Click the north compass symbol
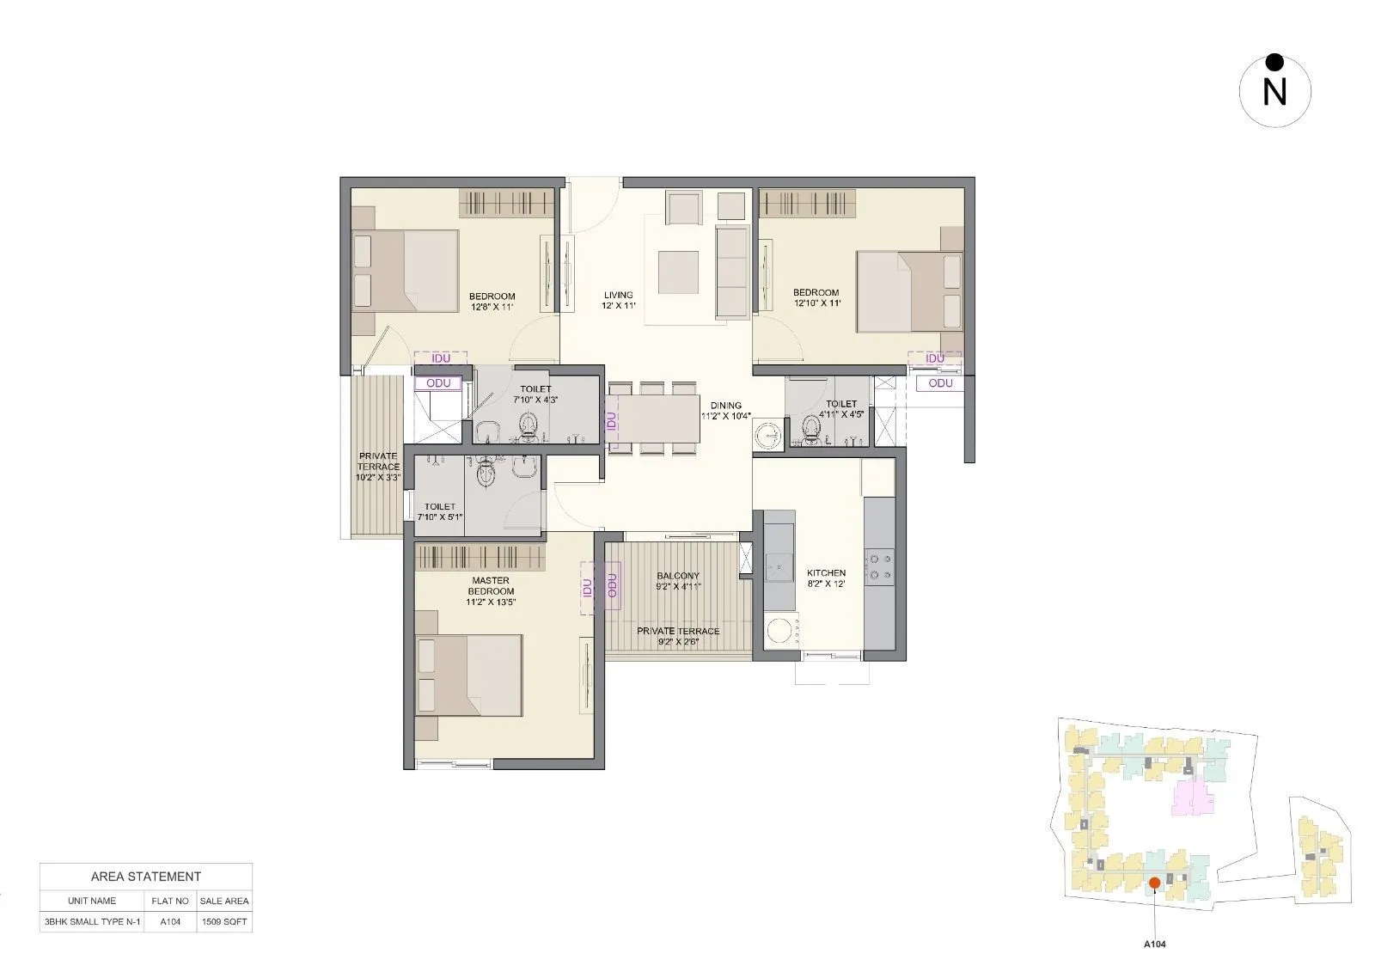[x=1274, y=90]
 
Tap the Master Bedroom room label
[x=491, y=591]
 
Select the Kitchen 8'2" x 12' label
[x=826, y=578]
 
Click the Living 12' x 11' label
[x=618, y=300]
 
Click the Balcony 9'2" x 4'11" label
[x=678, y=581]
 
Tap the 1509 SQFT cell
[x=224, y=921]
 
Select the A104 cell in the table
[x=170, y=921]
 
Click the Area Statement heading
[x=146, y=877]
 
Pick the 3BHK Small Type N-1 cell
[x=91, y=921]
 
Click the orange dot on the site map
[x=1155, y=883]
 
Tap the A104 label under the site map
[x=1154, y=944]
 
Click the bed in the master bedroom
[x=468, y=676]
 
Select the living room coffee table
[x=679, y=272]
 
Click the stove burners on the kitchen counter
[x=880, y=565]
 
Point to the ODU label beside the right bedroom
[x=940, y=383]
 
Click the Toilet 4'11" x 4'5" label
[x=841, y=409]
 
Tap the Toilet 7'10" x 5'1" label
[x=439, y=512]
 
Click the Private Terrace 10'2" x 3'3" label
[x=378, y=467]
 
